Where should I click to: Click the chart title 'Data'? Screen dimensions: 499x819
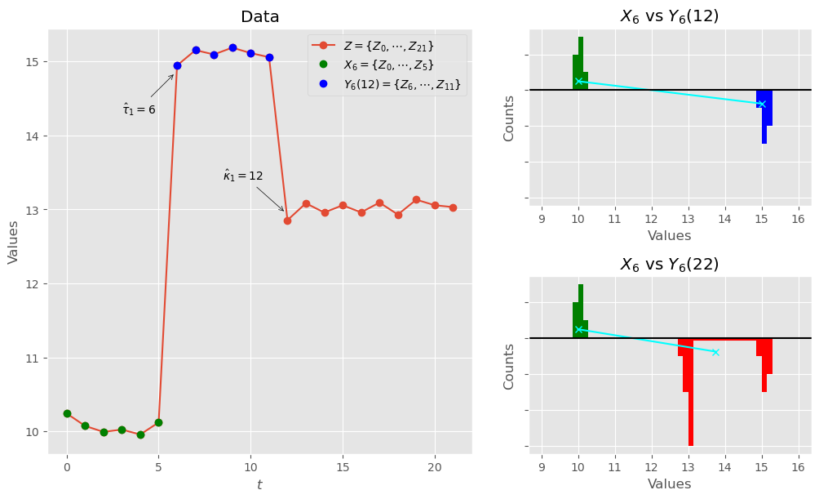pos(259,17)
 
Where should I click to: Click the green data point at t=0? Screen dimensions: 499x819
pos(67,413)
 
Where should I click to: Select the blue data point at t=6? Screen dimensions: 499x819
pos(177,65)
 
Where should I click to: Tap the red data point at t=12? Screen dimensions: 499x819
pos(287,221)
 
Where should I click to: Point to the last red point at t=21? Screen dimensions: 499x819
pos(453,207)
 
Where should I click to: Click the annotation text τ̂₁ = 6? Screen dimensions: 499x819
pos(139,109)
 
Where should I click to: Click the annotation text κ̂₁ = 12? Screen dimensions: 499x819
pos(243,176)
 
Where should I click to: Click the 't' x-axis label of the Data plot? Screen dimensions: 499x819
pos(259,485)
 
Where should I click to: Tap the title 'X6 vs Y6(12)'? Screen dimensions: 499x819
pos(670,16)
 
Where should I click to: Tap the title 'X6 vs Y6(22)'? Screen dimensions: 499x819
pos(670,265)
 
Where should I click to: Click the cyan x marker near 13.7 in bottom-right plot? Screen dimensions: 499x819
pos(715,352)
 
